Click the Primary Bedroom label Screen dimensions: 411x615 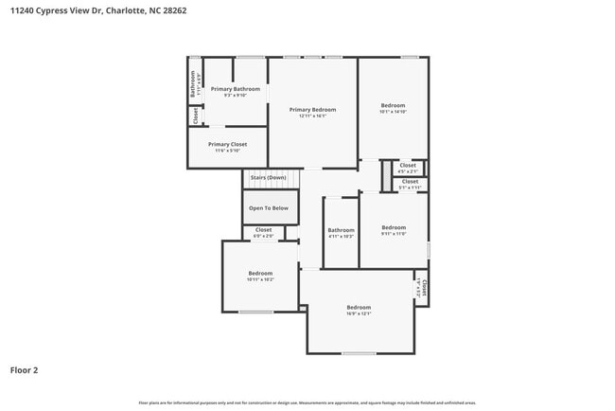312,110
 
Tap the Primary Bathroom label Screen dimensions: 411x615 235,89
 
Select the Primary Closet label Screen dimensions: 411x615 227,144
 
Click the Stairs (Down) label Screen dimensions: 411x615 268,177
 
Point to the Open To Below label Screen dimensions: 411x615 270,207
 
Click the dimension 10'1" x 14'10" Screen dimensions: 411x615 393,112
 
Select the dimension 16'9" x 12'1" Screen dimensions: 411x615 359,313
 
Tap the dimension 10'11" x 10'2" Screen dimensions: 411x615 260,279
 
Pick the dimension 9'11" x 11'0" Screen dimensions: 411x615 394,233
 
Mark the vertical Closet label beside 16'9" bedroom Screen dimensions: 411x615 424,286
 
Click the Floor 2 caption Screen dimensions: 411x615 24,370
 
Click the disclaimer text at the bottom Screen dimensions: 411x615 307,402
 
